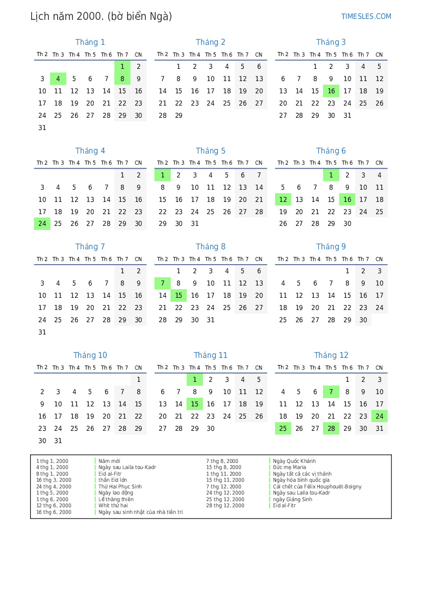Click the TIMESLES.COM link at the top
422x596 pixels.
click(x=366, y=16)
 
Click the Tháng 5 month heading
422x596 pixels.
click(x=210, y=151)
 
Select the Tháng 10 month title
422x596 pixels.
click(x=90, y=355)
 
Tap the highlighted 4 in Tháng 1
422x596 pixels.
click(x=58, y=79)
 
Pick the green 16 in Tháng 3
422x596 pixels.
click(x=331, y=91)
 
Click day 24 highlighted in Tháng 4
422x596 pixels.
click(x=42, y=224)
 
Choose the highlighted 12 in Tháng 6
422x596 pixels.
click(x=283, y=199)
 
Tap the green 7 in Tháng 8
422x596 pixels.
click(x=162, y=283)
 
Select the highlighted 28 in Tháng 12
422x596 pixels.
click(x=331, y=429)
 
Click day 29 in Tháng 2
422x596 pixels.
click(x=179, y=116)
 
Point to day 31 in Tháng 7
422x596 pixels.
click(x=42, y=332)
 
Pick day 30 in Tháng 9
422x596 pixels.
click(x=363, y=320)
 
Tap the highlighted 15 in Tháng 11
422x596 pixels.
click(x=194, y=404)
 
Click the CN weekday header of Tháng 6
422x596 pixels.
click(x=379, y=163)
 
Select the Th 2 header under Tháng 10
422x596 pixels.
click(x=42, y=368)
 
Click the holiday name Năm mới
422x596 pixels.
click(x=109, y=461)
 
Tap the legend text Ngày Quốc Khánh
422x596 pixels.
click(x=294, y=461)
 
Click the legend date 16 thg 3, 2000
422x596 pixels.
click(x=54, y=480)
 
